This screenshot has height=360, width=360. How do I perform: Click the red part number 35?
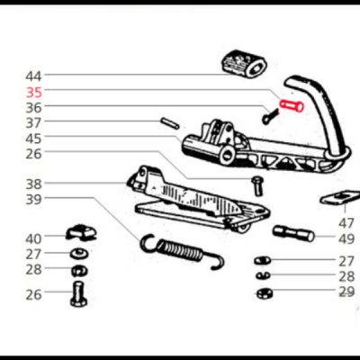coord(34,93)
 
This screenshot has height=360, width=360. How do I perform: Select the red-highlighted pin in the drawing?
coord(292,105)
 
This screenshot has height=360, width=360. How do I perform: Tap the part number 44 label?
coord(33,76)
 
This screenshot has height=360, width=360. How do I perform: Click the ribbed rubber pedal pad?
coord(245,64)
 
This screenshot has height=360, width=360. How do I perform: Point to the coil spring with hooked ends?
coord(182,251)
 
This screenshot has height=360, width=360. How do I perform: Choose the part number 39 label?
coord(33,199)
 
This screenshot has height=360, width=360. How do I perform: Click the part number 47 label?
coord(346,223)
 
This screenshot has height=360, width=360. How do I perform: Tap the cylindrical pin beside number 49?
coord(293,234)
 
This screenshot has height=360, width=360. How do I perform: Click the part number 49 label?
coord(346,239)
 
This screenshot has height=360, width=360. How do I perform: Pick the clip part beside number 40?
coord(81,233)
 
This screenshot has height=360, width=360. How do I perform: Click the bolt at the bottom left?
coord(79,294)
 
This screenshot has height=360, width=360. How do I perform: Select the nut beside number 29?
coord(265,292)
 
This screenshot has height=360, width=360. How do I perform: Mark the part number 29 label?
coord(346,292)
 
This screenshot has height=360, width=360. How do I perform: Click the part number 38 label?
coord(33,184)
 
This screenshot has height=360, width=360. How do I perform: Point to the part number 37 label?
coord(33,123)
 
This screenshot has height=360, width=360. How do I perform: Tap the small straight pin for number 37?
coord(170,123)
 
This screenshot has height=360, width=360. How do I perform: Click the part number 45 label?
coord(33,139)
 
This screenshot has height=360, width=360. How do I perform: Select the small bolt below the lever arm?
coord(257,186)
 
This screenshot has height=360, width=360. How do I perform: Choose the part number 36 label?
coord(33,108)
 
